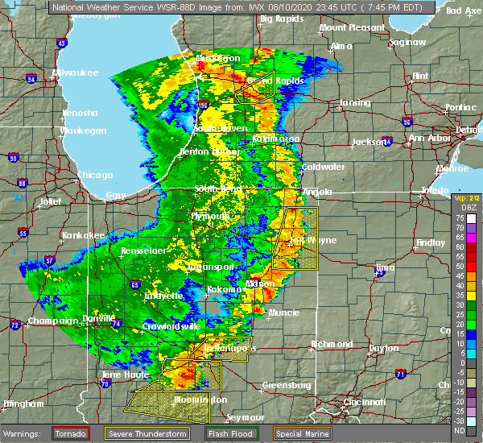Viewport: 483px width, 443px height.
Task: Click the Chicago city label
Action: coord(95,175)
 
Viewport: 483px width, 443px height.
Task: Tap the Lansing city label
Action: coord(354,102)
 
